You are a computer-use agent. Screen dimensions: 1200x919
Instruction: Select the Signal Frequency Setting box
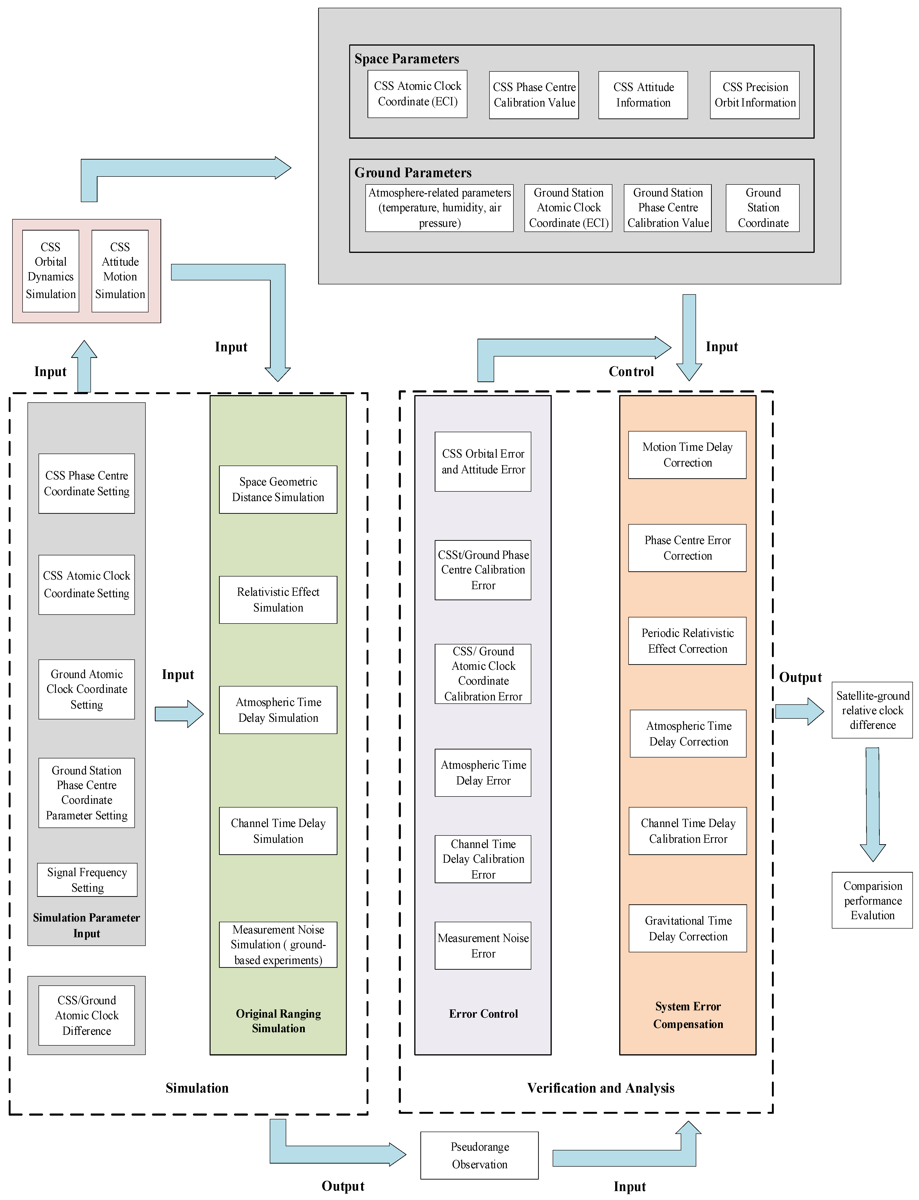87,879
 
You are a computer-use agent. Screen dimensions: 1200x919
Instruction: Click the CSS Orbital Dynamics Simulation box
51,271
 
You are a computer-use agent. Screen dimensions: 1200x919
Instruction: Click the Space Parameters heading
407,59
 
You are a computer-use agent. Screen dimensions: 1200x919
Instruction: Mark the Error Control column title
483,1013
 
